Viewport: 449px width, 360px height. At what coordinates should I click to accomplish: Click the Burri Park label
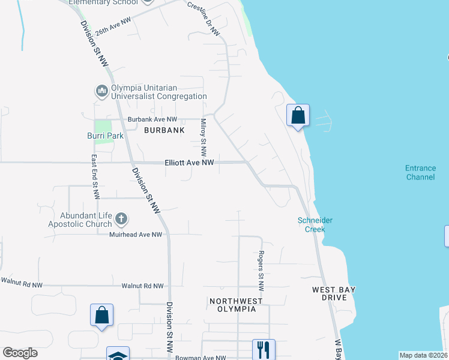[x=105, y=136]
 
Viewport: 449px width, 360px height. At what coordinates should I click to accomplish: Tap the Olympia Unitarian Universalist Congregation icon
[x=101, y=91]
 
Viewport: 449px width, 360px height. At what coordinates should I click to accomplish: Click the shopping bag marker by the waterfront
[x=298, y=115]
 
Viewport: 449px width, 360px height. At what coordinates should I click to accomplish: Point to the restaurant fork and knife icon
[x=264, y=349]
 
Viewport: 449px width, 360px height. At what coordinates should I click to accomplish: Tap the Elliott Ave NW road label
[x=190, y=163]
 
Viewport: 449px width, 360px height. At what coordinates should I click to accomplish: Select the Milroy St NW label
[x=203, y=138]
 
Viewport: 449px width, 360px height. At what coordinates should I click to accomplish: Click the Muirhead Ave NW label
[x=136, y=235]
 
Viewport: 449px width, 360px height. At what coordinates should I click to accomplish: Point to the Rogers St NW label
[x=261, y=271]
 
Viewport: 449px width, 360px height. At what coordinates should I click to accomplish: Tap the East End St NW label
[x=94, y=177]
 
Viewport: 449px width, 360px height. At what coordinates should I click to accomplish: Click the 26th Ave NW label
[x=112, y=28]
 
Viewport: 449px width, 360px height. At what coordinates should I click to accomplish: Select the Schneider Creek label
[x=315, y=224]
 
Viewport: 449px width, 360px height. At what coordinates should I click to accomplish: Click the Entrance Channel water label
[x=420, y=172]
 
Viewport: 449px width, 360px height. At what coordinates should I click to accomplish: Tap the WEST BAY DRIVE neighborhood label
[x=334, y=293]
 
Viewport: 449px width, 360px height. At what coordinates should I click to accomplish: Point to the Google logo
[x=20, y=353]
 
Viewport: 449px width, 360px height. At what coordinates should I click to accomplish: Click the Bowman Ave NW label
[x=200, y=358]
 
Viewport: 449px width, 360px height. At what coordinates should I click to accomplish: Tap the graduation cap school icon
[x=118, y=355]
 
